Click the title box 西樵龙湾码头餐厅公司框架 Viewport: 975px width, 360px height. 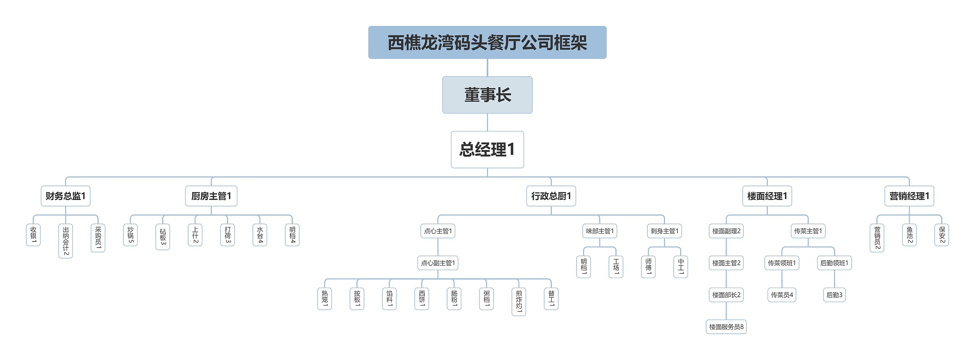coord(487,42)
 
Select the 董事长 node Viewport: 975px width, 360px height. coord(487,95)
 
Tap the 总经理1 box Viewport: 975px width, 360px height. coord(487,149)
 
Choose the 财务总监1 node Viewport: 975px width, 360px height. coord(66,196)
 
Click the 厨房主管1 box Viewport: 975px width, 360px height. coord(211,196)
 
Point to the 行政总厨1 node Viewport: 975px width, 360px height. coord(551,196)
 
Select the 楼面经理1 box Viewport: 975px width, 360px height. coord(767,196)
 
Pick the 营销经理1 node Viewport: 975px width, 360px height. coord(909,196)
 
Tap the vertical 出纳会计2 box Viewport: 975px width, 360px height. coord(66,241)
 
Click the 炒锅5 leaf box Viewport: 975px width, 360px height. coord(130,235)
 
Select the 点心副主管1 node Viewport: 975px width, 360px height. coord(438,263)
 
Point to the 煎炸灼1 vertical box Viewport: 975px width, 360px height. coord(519,301)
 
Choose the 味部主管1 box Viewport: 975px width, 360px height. coord(599,231)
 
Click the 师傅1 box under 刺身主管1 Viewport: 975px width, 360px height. coord(648,267)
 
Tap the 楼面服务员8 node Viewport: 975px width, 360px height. coord(726,327)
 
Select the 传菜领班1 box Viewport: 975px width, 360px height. coord(782,263)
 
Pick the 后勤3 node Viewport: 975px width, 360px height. coord(834,295)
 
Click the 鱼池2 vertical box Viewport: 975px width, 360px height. coord(909,235)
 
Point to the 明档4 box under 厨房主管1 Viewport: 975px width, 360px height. coord(292,235)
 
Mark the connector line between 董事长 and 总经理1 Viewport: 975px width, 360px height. coord(487,122)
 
